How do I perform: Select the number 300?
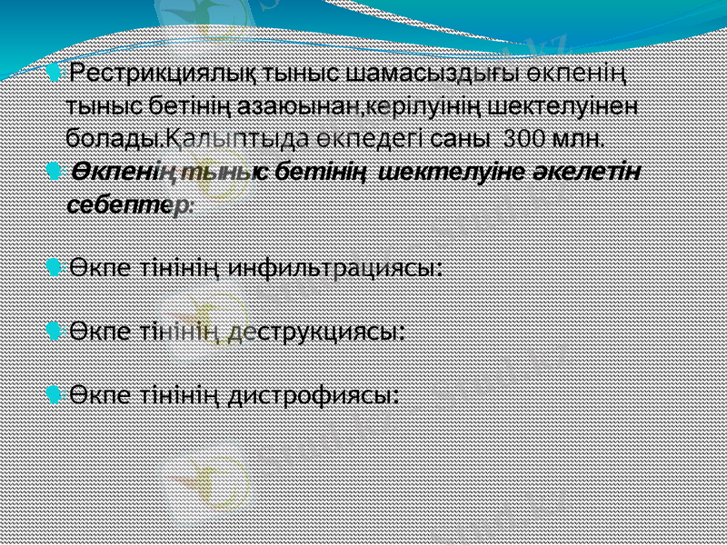528,138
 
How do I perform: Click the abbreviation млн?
583,138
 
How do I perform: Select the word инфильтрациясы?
334,268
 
